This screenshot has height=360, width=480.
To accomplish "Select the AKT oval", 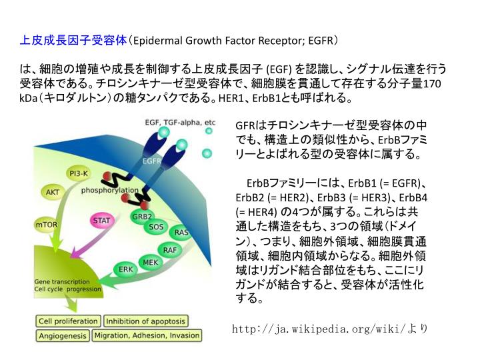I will pos(52,192).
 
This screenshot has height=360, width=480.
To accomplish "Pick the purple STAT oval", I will pos(101,220).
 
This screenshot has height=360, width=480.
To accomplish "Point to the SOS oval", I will pos(155,227).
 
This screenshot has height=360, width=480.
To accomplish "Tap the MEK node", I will pos(151,262).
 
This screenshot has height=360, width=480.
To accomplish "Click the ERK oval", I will pos(125,269).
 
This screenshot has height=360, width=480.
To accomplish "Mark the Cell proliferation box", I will pos(68,321).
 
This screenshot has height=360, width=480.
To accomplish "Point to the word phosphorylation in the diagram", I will pos(110,191).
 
